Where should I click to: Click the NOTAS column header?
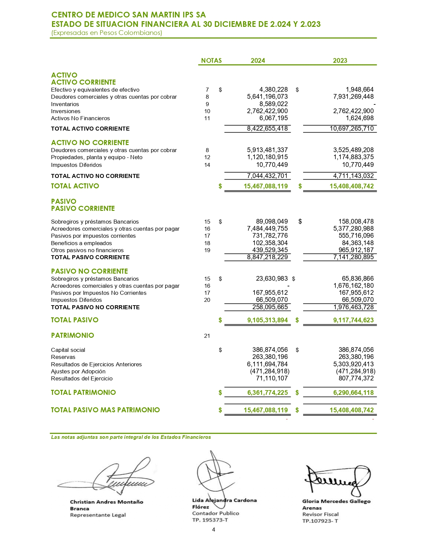pos(211,60)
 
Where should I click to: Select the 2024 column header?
pos(257,60)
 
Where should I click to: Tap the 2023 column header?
pos(340,60)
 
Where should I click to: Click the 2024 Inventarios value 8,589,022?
pos(273,104)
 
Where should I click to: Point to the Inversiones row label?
pos(65,111)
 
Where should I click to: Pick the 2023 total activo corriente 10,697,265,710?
pos(351,129)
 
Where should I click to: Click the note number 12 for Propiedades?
pos(207,157)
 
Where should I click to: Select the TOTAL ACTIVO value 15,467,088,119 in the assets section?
pos(266,186)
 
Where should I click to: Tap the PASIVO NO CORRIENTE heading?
pos(89,271)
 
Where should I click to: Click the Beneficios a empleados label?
pos(81,243)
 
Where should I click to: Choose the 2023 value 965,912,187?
pos(356,250)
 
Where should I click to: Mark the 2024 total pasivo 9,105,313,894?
pos(267,320)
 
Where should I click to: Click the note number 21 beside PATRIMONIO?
pos(207,336)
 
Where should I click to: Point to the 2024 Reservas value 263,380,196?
pos(270,357)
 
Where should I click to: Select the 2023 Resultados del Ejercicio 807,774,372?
pos(356,378)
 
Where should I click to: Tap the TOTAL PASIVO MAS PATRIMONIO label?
pos(105,410)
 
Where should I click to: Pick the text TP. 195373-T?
pos(210,520)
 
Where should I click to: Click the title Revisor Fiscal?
pos(320,514)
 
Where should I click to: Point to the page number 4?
pos(213,530)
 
